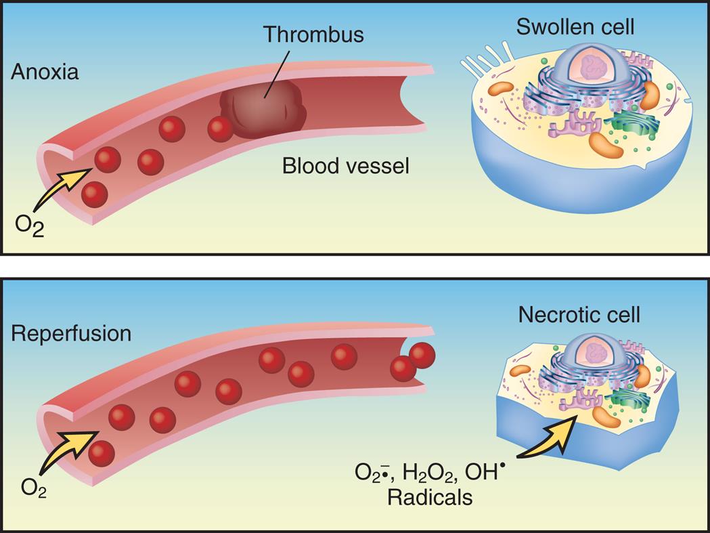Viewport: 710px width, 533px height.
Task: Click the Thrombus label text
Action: coord(313,34)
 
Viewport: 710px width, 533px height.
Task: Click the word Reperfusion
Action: coord(71,334)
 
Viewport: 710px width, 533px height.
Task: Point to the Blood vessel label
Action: coord(345,165)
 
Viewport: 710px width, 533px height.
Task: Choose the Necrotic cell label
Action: coord(579,314)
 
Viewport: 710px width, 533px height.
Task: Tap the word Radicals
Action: coord(429,498)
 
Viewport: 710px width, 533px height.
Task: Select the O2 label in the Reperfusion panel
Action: coord(33,487)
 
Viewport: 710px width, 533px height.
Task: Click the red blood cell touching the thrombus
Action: coord(220,129)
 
